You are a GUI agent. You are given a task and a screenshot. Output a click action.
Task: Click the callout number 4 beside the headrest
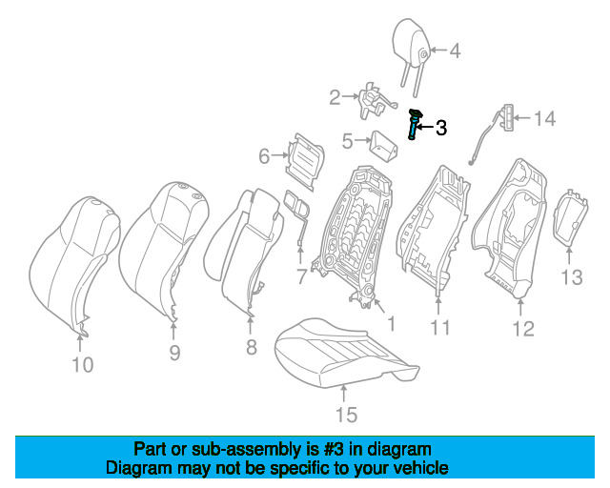455,51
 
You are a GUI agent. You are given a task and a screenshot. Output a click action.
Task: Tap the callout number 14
543,119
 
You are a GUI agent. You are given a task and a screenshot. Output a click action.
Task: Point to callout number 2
335,96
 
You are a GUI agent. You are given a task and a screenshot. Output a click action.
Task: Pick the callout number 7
301,277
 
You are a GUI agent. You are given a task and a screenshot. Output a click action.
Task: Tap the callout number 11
438,329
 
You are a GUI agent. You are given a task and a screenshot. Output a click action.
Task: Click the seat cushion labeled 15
343,350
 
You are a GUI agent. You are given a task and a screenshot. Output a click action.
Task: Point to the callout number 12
523,329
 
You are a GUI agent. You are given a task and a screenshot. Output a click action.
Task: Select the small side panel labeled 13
571,218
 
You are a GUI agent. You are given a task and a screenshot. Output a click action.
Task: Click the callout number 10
83,364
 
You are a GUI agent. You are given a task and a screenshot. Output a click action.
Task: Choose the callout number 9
174,354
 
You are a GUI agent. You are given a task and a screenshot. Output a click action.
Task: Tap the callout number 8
251,347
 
